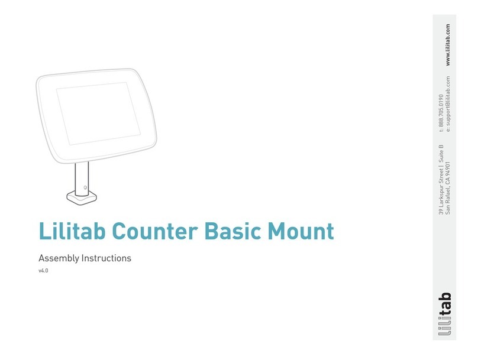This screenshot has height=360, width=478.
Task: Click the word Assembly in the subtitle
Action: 59,258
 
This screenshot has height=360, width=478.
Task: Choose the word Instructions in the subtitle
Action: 106,258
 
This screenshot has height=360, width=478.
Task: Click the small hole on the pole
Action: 86,187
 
